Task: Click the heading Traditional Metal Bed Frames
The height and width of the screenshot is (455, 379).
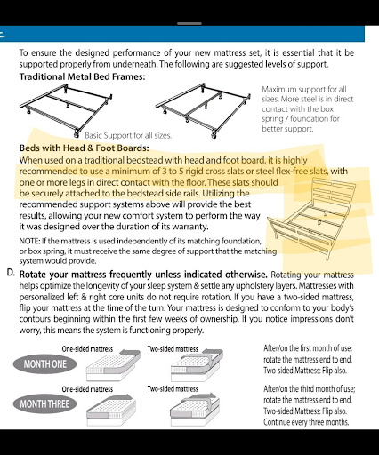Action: point(82,76)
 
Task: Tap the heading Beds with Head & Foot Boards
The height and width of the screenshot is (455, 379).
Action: point(84,148)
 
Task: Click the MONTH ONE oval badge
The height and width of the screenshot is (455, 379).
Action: point(44,364)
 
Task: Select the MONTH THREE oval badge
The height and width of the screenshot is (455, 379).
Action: point(44,403)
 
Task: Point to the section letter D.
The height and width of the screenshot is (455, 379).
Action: point(11,273)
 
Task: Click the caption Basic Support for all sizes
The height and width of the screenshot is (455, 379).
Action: point(128,136)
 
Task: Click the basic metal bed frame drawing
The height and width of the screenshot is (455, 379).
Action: point(66,110)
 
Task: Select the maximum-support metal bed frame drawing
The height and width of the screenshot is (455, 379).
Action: point(203,110)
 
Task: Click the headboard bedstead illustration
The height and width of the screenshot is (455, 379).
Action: point(311,219)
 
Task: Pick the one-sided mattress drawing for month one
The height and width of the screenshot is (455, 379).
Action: point(113,366)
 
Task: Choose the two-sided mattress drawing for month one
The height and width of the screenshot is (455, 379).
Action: point(197,365)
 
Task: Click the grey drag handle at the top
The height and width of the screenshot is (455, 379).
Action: point(189,23)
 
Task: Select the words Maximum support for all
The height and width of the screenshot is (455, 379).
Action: point(304,89)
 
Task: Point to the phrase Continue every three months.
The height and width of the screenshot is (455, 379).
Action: point(306,422)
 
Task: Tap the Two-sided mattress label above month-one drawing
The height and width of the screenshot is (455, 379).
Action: point(173,349)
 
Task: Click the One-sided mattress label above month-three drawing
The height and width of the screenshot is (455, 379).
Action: point(87,389)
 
